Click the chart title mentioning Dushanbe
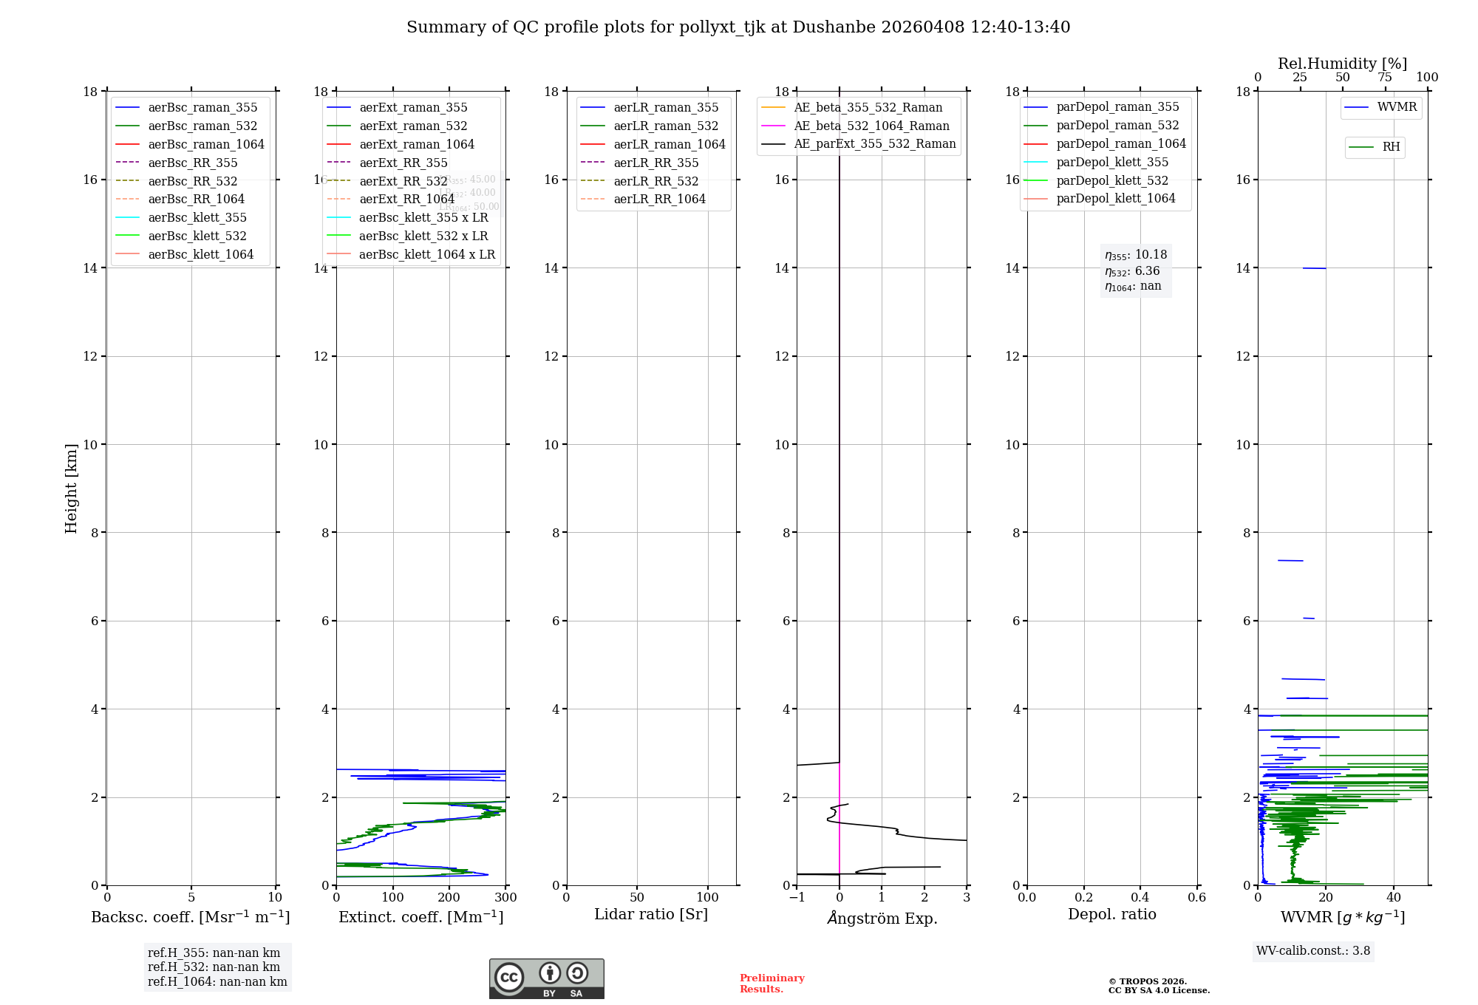coord(738,27)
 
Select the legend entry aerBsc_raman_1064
coord(205,144)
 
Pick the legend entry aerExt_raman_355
coord(413,108)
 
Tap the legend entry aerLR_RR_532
coord(655,181)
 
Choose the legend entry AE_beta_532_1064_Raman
coord(871,126)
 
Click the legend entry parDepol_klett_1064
coord(1115,198)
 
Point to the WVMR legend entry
coord(1396,107)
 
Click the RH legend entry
coord(1391,147)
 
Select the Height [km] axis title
coord(71,488)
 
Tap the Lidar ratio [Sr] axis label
coord(651,914)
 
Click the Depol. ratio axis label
coord(1111,914)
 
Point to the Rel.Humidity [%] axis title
coord(1342,64)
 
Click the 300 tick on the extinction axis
coord(506,897)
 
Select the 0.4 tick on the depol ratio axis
coord(1140,897)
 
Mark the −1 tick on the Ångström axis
coord(797,897)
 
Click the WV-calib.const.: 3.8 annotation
coord(1312,951)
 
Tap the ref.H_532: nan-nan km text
coord(214,967)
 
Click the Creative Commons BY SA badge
coord(546,978)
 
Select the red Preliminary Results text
coord(772,984)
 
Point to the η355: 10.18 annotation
coord(1135,255)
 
